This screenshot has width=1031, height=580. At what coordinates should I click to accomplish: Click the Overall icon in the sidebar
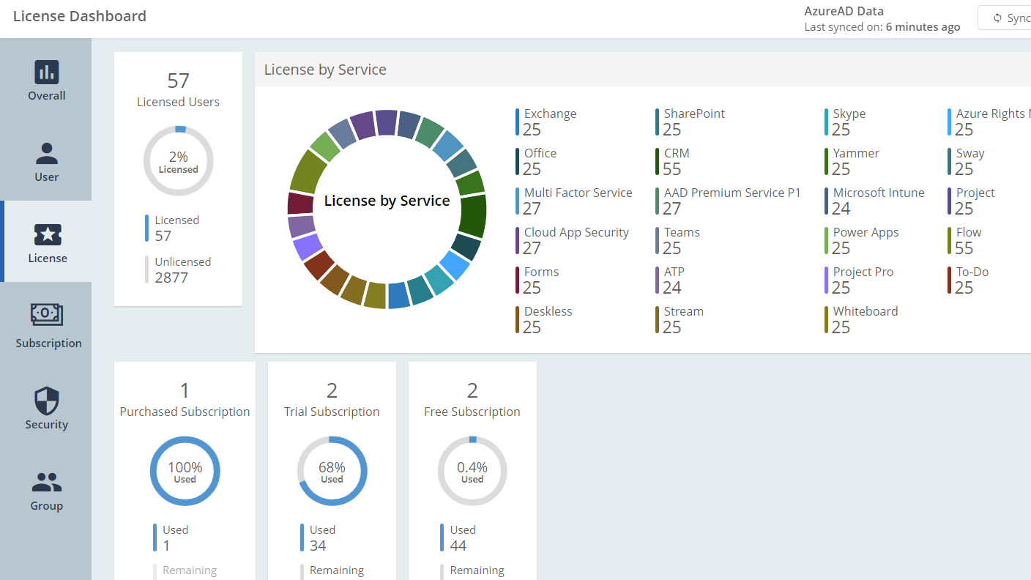(x=47, y=72)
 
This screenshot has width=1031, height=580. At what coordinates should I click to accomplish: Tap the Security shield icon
(x=47, y=401)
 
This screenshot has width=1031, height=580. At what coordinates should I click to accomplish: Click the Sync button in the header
(x=1010, y=18)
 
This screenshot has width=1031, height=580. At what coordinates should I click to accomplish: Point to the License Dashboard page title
(x=80, y=16)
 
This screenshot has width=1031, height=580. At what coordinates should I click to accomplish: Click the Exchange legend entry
(x=550, y=114)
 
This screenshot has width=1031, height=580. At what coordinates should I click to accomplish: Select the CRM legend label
(x=677, y=154)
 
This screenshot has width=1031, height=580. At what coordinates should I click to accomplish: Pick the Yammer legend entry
(x=856, y=154)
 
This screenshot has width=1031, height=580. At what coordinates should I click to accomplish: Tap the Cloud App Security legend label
(x=576, y=233)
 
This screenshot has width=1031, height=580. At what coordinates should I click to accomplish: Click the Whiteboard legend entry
(x=865, y=312)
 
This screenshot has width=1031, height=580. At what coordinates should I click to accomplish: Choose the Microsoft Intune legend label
(x=878, y=193)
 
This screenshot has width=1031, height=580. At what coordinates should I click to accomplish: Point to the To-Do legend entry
(x=972, y=272)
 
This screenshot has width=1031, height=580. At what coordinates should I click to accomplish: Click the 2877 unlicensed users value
(x=171, y=278)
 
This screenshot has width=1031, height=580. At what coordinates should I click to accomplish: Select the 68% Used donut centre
(x=332, y=472)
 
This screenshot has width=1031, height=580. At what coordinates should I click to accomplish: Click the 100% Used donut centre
(x=185, y=472)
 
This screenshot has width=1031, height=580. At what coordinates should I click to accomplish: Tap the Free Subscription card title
(x=472, y=412)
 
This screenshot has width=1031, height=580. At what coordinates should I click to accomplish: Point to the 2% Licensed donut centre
(x=178, y=161)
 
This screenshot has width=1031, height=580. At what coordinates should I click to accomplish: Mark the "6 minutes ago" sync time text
(x=923, y=27)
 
